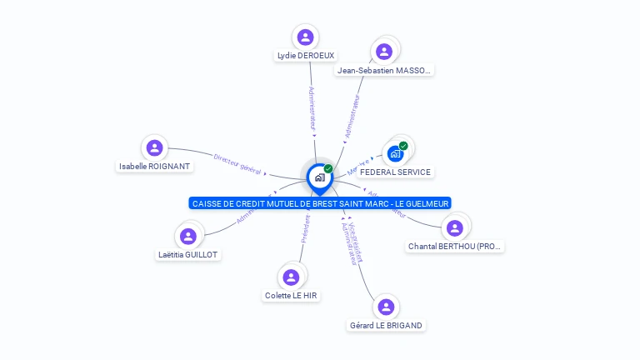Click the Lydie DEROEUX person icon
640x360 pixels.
click(305, 37)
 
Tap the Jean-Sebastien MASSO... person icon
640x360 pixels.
click(384, 52)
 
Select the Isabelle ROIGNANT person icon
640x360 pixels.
click(154, 148)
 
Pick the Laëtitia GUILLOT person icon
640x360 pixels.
click(188, 236)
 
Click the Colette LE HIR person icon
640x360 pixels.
click(291, 277)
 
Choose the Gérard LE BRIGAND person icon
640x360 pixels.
click(386, 307)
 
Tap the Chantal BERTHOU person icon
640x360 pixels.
click(454, 227)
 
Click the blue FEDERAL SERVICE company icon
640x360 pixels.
click(395, 154)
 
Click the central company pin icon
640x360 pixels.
click(319, 177)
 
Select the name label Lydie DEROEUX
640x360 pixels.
click(305, 56)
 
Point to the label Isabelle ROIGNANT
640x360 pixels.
click(155, 167)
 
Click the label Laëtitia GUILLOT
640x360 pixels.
click(188, 254)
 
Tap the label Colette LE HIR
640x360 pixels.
click(291, 296)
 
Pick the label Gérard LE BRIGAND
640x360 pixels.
click(386, 325)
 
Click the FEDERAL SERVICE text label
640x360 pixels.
click(395, 172)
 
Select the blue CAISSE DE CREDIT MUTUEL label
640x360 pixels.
click(320, 203)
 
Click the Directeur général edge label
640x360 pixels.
click(237, 163)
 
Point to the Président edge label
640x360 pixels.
click(305, 228)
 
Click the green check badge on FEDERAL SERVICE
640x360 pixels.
click(403, 146)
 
